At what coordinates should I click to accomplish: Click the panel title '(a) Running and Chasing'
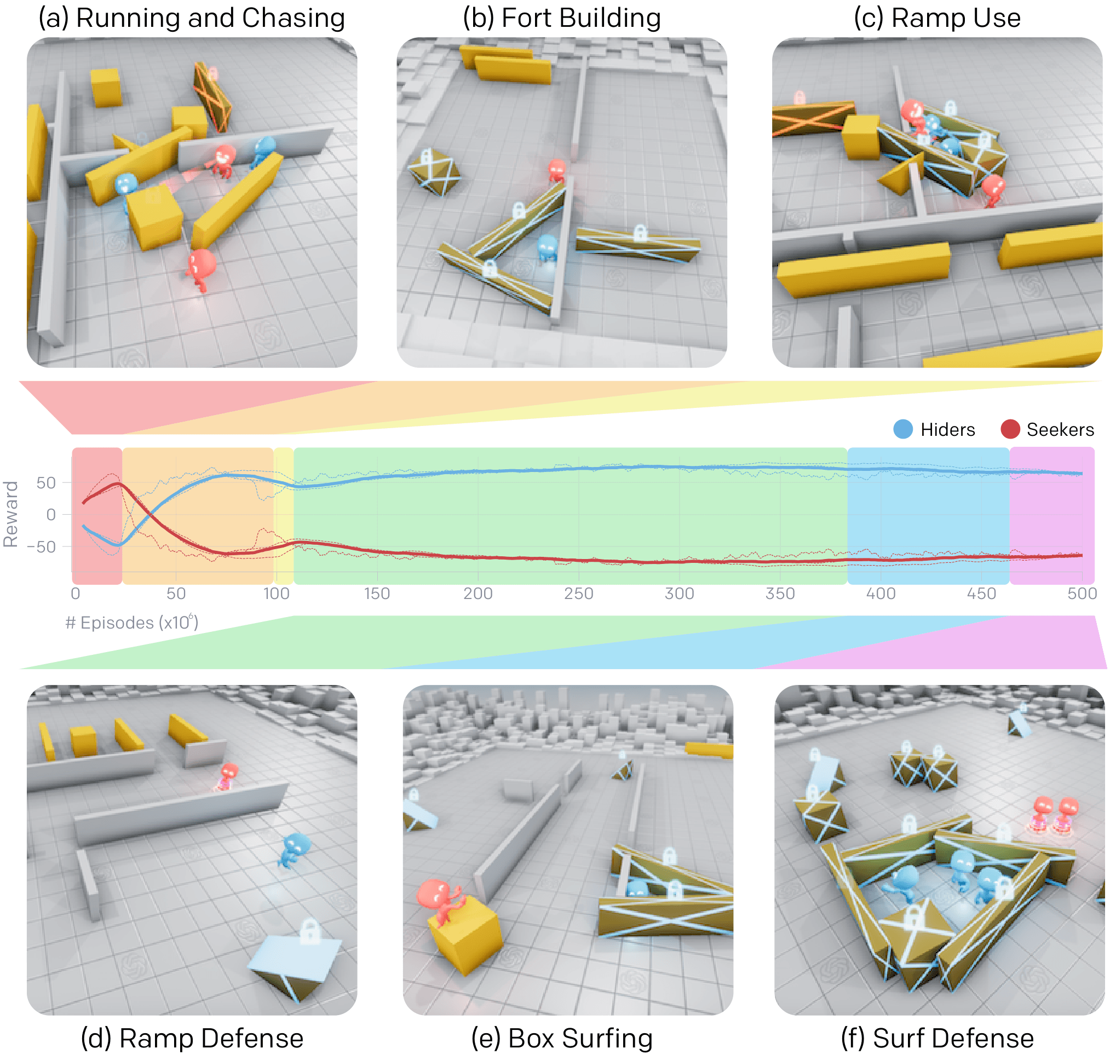192,18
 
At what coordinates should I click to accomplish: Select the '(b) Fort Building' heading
561,18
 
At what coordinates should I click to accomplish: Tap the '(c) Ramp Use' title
937,18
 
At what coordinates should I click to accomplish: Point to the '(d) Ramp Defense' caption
192,1038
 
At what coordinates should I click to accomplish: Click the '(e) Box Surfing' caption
561,1038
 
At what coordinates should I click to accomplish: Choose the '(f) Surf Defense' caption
937,1038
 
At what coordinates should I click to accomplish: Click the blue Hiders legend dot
902,429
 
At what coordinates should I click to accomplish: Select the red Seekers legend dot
1010,429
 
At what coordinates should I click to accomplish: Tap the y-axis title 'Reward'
11,514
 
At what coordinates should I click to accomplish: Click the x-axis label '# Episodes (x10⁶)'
131,622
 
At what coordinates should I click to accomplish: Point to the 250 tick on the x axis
578,594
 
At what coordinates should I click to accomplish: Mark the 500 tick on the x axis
1082,594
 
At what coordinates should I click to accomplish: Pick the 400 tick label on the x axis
881,594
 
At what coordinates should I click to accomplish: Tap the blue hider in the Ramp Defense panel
293,849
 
